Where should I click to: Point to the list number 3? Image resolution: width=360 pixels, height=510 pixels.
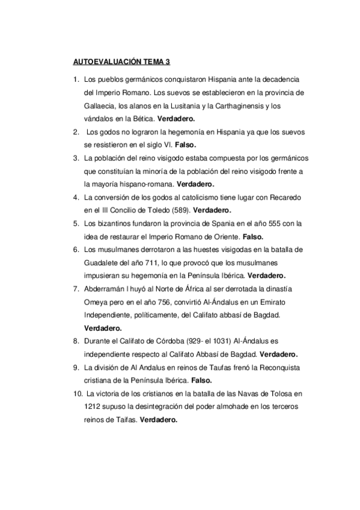tap(75, 158)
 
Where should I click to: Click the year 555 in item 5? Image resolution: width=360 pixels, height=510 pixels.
tap(267, 224)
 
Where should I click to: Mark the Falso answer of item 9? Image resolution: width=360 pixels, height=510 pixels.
tap(201, 380)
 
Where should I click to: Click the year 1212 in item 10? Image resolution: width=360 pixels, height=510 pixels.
tap(94, 407)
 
